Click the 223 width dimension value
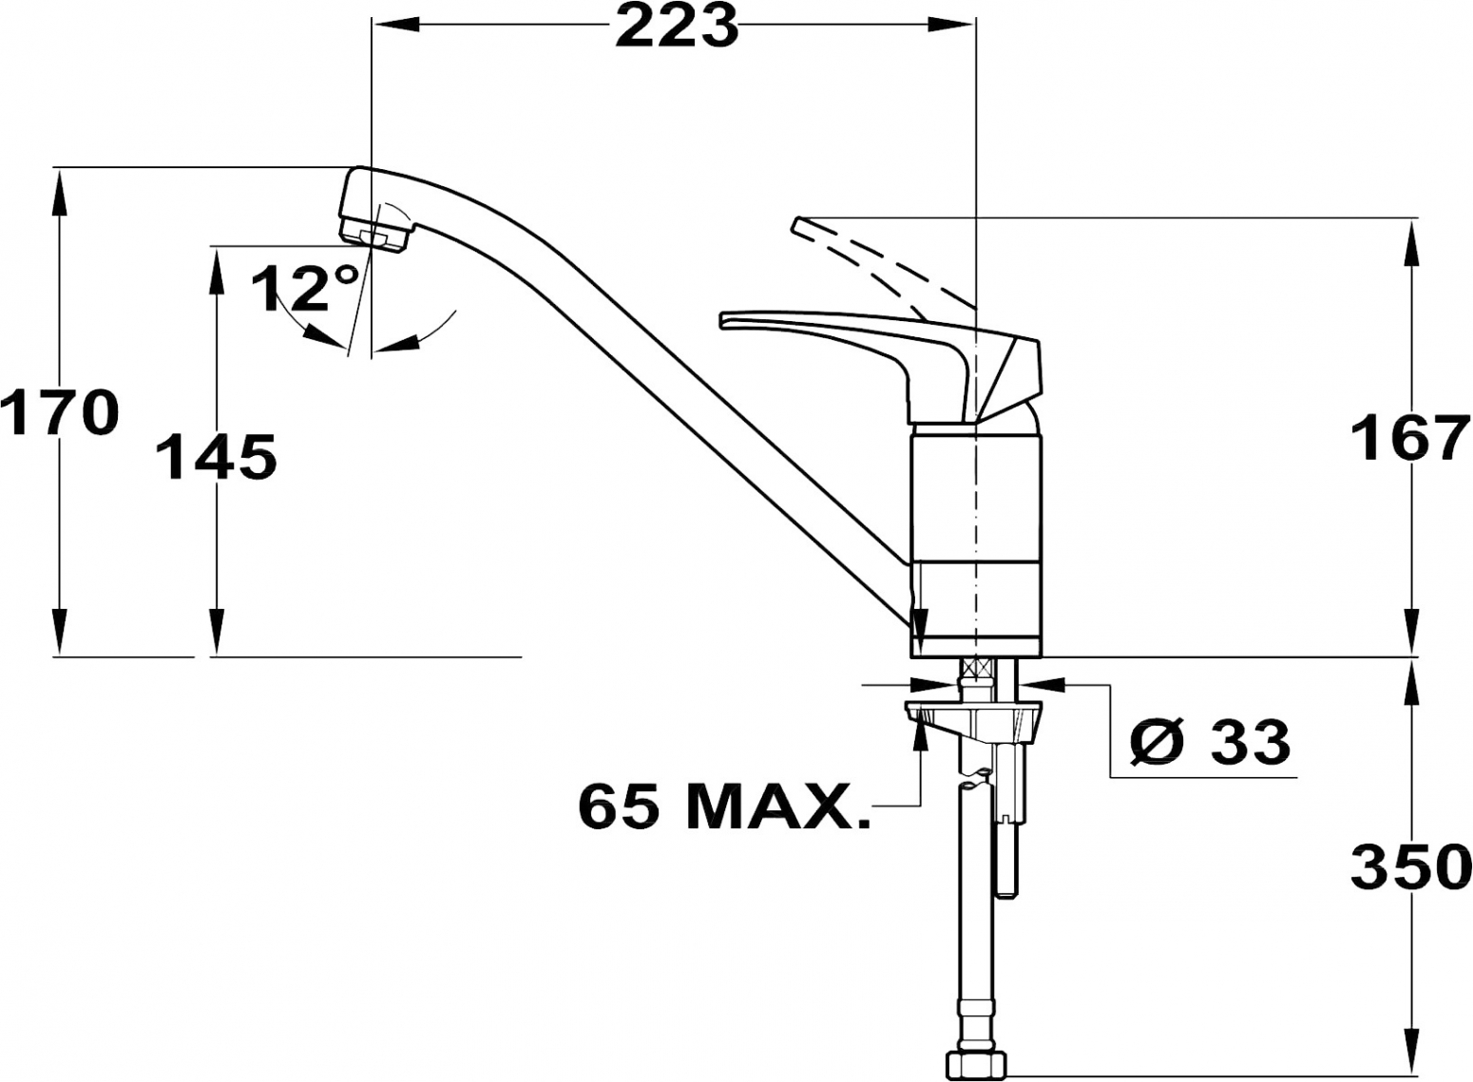677,27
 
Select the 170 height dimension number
60,412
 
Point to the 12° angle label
306,288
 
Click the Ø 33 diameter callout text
1211,742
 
